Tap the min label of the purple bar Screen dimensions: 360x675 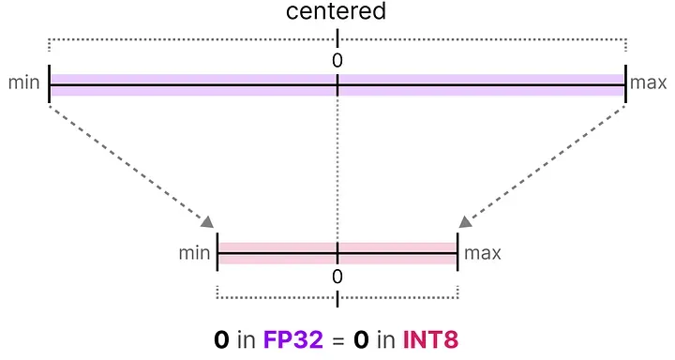23,84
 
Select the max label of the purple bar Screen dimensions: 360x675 648,84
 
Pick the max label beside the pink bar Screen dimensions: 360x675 483,253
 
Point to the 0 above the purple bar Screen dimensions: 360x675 337,60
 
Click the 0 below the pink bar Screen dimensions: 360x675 337,277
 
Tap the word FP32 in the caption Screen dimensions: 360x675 292,338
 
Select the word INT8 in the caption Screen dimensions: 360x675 430,338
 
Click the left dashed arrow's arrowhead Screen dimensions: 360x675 208,221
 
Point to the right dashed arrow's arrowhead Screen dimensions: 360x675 466,221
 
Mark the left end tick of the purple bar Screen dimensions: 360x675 49,85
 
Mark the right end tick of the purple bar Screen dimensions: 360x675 625,85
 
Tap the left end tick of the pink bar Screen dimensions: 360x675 217,253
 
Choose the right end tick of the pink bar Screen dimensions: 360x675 457,253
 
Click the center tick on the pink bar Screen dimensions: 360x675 337,253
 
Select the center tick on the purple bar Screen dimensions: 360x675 337,85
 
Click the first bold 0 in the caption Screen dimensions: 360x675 222,338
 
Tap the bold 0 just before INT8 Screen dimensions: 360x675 361,338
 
